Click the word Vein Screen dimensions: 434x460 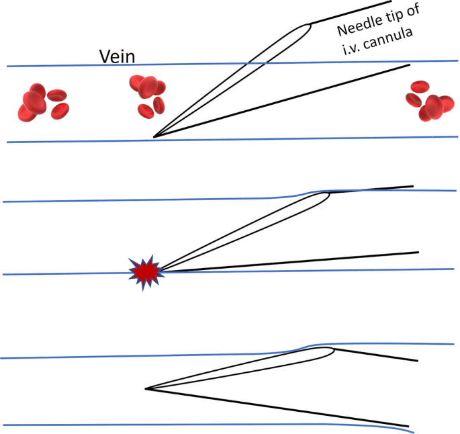click(118, 56)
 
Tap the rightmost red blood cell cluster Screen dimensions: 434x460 click(426, 100)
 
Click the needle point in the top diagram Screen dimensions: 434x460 click(154, 137)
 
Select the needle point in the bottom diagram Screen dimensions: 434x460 click(146, 388)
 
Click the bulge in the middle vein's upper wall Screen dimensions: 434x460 click(316, 191)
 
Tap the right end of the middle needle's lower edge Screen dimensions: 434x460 click(418, 253)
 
